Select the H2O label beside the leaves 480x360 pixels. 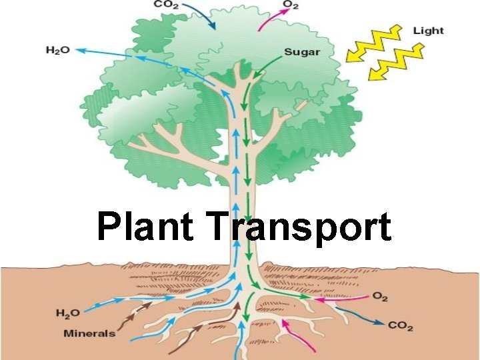point(57,50)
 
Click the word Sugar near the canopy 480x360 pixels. point(302,51)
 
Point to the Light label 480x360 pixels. point(428,31)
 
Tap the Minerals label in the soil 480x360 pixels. point(89,333)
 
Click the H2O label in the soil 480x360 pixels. point(68,313)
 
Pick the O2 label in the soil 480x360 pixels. point(380,296)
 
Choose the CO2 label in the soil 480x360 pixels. point(400,326)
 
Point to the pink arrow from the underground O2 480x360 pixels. point(344,298)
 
